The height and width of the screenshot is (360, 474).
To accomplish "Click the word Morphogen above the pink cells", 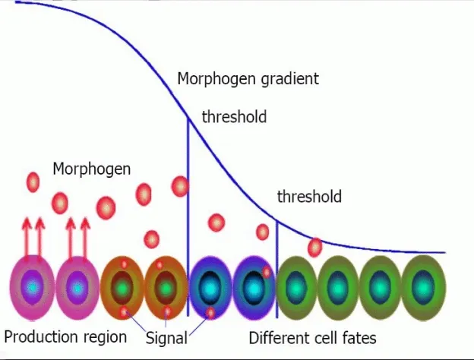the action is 92,169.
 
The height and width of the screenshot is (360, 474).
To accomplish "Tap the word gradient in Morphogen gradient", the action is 289,79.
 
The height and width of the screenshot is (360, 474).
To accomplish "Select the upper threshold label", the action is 234,117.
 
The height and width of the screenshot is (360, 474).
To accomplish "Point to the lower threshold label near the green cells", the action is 309,197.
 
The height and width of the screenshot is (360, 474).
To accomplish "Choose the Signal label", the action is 166,338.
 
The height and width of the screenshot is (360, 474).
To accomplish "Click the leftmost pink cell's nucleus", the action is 33,287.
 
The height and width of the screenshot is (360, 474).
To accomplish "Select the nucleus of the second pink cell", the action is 77,288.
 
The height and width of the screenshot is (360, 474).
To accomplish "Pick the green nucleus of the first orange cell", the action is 122,287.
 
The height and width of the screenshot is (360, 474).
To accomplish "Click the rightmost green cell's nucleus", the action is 423,287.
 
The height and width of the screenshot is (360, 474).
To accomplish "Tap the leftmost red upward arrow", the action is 27,238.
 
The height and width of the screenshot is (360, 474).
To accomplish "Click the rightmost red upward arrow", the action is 85,238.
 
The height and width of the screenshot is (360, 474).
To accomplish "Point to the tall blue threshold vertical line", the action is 188,217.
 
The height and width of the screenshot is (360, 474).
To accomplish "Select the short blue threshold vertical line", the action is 277,269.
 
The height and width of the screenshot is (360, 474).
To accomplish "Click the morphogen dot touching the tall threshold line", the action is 180,186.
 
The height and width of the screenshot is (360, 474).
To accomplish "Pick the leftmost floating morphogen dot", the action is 33,182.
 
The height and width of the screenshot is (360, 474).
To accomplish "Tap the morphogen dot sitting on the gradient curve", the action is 315,248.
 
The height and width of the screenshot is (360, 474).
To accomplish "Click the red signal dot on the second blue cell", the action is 267,273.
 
